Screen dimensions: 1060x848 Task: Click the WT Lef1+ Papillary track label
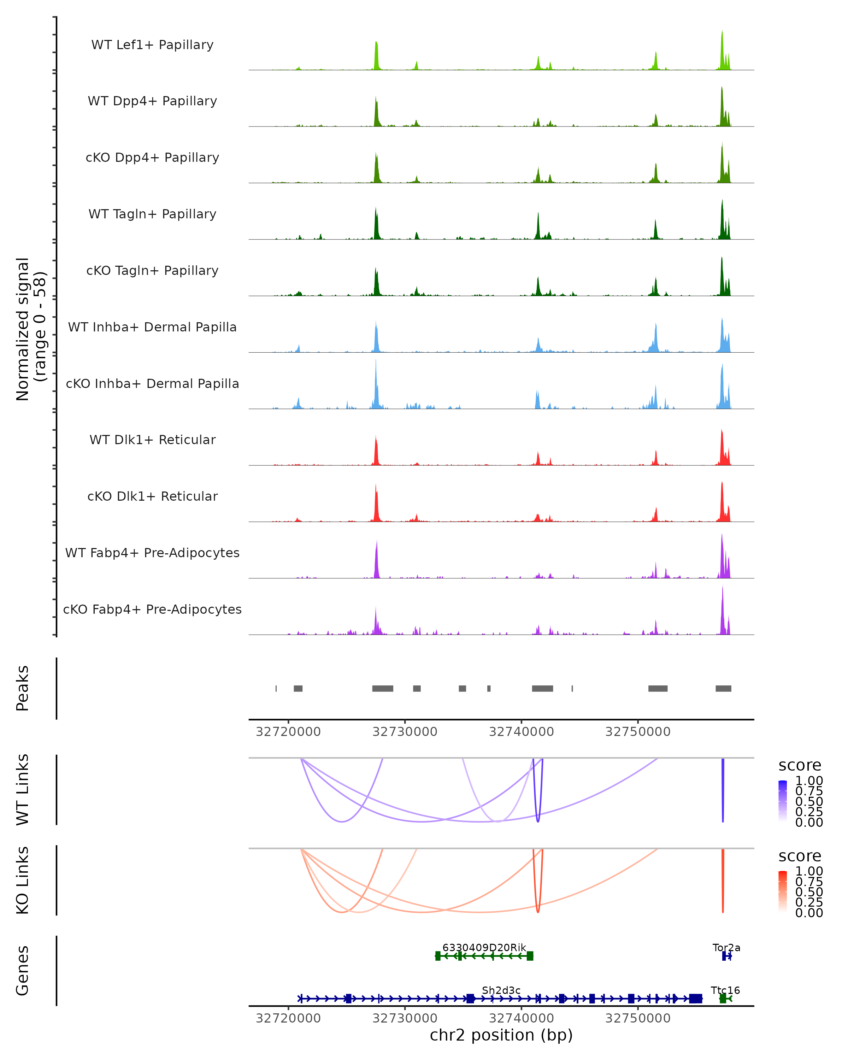152,45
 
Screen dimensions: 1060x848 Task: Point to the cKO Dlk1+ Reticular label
152,496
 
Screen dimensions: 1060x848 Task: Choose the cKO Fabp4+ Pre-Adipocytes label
152,609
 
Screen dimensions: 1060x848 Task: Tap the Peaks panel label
23,688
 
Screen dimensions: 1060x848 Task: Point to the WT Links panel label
23,790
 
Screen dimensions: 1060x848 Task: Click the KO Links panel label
23,880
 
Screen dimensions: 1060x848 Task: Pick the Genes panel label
23,971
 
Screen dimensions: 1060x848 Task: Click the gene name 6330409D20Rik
484,947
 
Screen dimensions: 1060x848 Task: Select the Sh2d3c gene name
501,990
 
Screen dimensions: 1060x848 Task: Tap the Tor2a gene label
726,947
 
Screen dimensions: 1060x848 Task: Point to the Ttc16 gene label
725,990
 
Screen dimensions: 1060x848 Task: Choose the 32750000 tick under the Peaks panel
638,732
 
